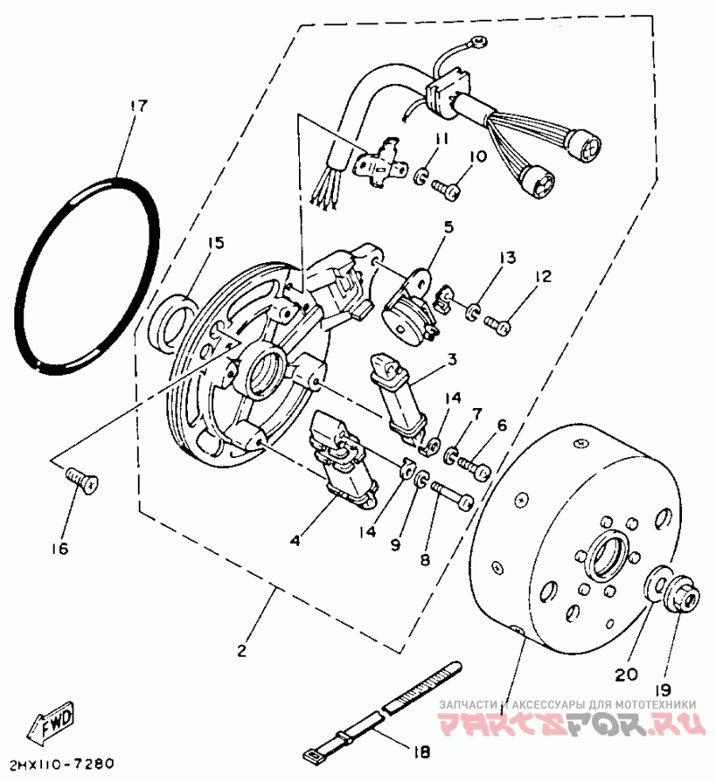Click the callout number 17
point(137,106)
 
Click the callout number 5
point(447,227)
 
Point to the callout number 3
point(453,359)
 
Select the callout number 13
point(507,258)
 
